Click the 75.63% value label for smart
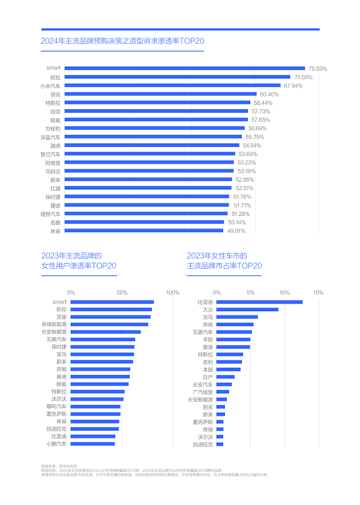317,68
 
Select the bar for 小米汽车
172,86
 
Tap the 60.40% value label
269,94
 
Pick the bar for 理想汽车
146,214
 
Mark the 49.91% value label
236,231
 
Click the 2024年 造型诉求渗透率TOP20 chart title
123,41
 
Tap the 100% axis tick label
173,293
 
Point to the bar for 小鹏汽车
93,444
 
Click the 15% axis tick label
318,293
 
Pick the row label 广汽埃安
203,392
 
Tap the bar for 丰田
233,339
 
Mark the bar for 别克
221,407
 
